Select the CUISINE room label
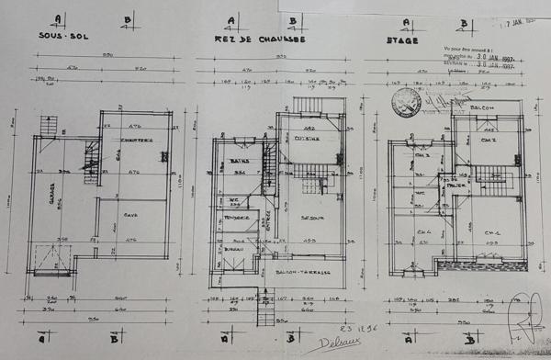click(309, 140)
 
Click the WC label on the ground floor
click(234, 200)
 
